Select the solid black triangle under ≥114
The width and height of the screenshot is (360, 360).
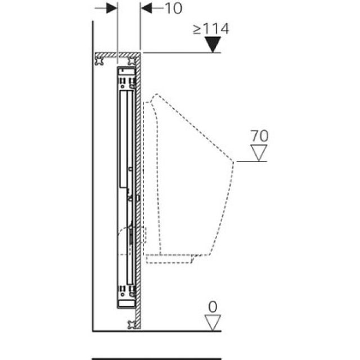211,44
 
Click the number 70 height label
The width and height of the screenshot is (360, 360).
260,136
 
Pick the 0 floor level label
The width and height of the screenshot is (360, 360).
212,307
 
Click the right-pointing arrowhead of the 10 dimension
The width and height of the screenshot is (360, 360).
111,8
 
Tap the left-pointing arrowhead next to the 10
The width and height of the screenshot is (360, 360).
145,8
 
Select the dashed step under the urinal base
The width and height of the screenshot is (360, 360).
174,259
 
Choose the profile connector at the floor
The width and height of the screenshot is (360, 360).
133,323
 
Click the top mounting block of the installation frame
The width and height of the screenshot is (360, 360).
127,72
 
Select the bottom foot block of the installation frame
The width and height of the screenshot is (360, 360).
127,297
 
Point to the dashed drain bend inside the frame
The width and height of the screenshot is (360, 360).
132,235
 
